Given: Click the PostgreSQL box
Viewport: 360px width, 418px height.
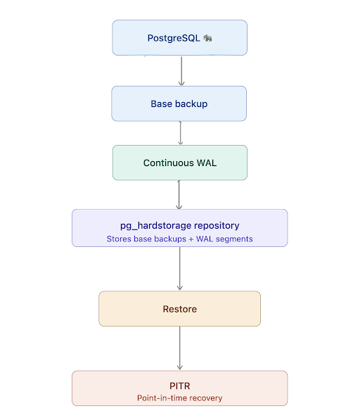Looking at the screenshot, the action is (180, 37).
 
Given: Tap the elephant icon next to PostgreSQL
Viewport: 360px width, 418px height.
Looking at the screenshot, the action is (207, 38).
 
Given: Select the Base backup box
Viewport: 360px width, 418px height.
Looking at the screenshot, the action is (179, 103).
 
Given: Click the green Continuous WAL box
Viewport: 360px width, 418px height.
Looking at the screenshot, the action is (180, 163).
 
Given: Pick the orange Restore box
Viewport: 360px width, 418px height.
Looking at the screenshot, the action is (180, 309).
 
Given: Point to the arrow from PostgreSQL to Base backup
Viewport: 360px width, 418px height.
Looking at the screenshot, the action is (181, 70).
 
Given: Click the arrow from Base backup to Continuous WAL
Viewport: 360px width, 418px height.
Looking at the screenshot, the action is (181, 133).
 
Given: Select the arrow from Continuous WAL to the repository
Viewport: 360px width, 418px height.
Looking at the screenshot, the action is (179, 195).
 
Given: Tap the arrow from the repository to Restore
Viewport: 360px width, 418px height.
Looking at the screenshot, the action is (180, 268).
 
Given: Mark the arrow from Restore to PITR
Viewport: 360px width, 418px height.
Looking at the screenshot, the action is (180, 348).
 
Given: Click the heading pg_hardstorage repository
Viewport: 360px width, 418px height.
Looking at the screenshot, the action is (180, 226).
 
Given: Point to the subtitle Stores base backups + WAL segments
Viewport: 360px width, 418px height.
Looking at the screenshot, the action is (180, 239).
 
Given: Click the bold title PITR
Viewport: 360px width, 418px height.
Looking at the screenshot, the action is (180, 386).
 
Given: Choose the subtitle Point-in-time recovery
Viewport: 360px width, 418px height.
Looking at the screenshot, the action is (180, 398).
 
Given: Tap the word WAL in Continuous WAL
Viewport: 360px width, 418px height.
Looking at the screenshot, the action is (207, 163).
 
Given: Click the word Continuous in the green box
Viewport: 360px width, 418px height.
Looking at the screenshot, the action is (169, 163).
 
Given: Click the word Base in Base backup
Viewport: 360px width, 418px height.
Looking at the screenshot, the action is (161, 103).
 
